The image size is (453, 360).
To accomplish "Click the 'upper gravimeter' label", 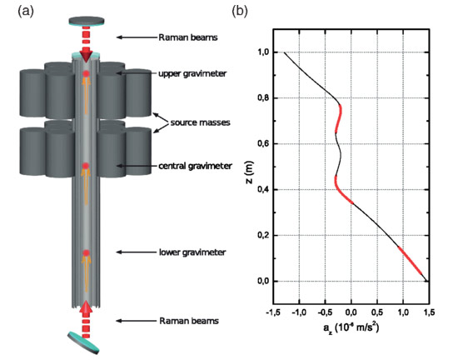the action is pos(192,73).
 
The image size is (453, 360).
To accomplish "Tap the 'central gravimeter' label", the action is pos(195,166).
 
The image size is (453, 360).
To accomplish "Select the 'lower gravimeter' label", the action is pos(192,252).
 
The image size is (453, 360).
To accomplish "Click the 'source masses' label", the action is pos(200,122).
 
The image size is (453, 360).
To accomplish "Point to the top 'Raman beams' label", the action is pos(188,37).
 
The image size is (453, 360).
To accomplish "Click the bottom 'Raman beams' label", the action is pos(189,321).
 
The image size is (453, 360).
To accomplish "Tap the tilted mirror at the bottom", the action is pos(83,342).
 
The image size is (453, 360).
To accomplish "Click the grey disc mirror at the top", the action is pos(87,22).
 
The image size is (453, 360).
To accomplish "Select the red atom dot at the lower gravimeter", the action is pos(86,253).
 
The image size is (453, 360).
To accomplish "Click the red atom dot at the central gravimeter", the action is pos(86,166).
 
